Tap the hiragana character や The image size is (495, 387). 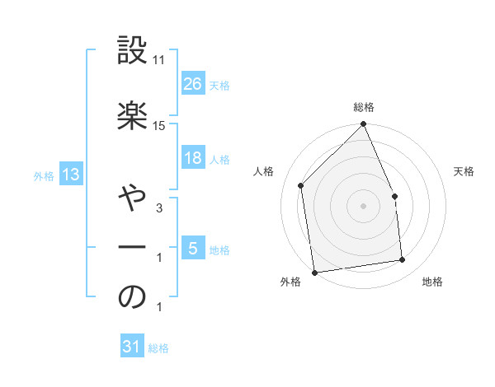pos(132,198)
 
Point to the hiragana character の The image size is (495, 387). pos(132,297)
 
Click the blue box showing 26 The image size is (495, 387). pos(193,84)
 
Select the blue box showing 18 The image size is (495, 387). pos(193,159)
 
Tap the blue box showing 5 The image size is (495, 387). pos(193,249)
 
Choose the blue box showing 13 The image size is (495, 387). pos(69,175)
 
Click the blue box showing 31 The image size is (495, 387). pos(132,347)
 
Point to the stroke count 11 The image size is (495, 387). pos(159,60)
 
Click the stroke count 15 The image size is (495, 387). pos(159,125)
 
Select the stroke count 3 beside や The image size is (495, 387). pos(159,209)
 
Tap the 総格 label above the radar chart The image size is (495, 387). pos(364,107)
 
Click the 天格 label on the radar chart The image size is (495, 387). pos(464,171)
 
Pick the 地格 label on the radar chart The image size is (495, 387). pos(432,282)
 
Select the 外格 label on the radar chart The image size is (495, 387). pos(290,282)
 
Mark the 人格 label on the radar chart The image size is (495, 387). pos(264,171)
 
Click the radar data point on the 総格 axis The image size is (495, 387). pos(363,124)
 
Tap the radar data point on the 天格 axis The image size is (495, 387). pos(394,196)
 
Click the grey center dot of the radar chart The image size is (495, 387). pos(363,206)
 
